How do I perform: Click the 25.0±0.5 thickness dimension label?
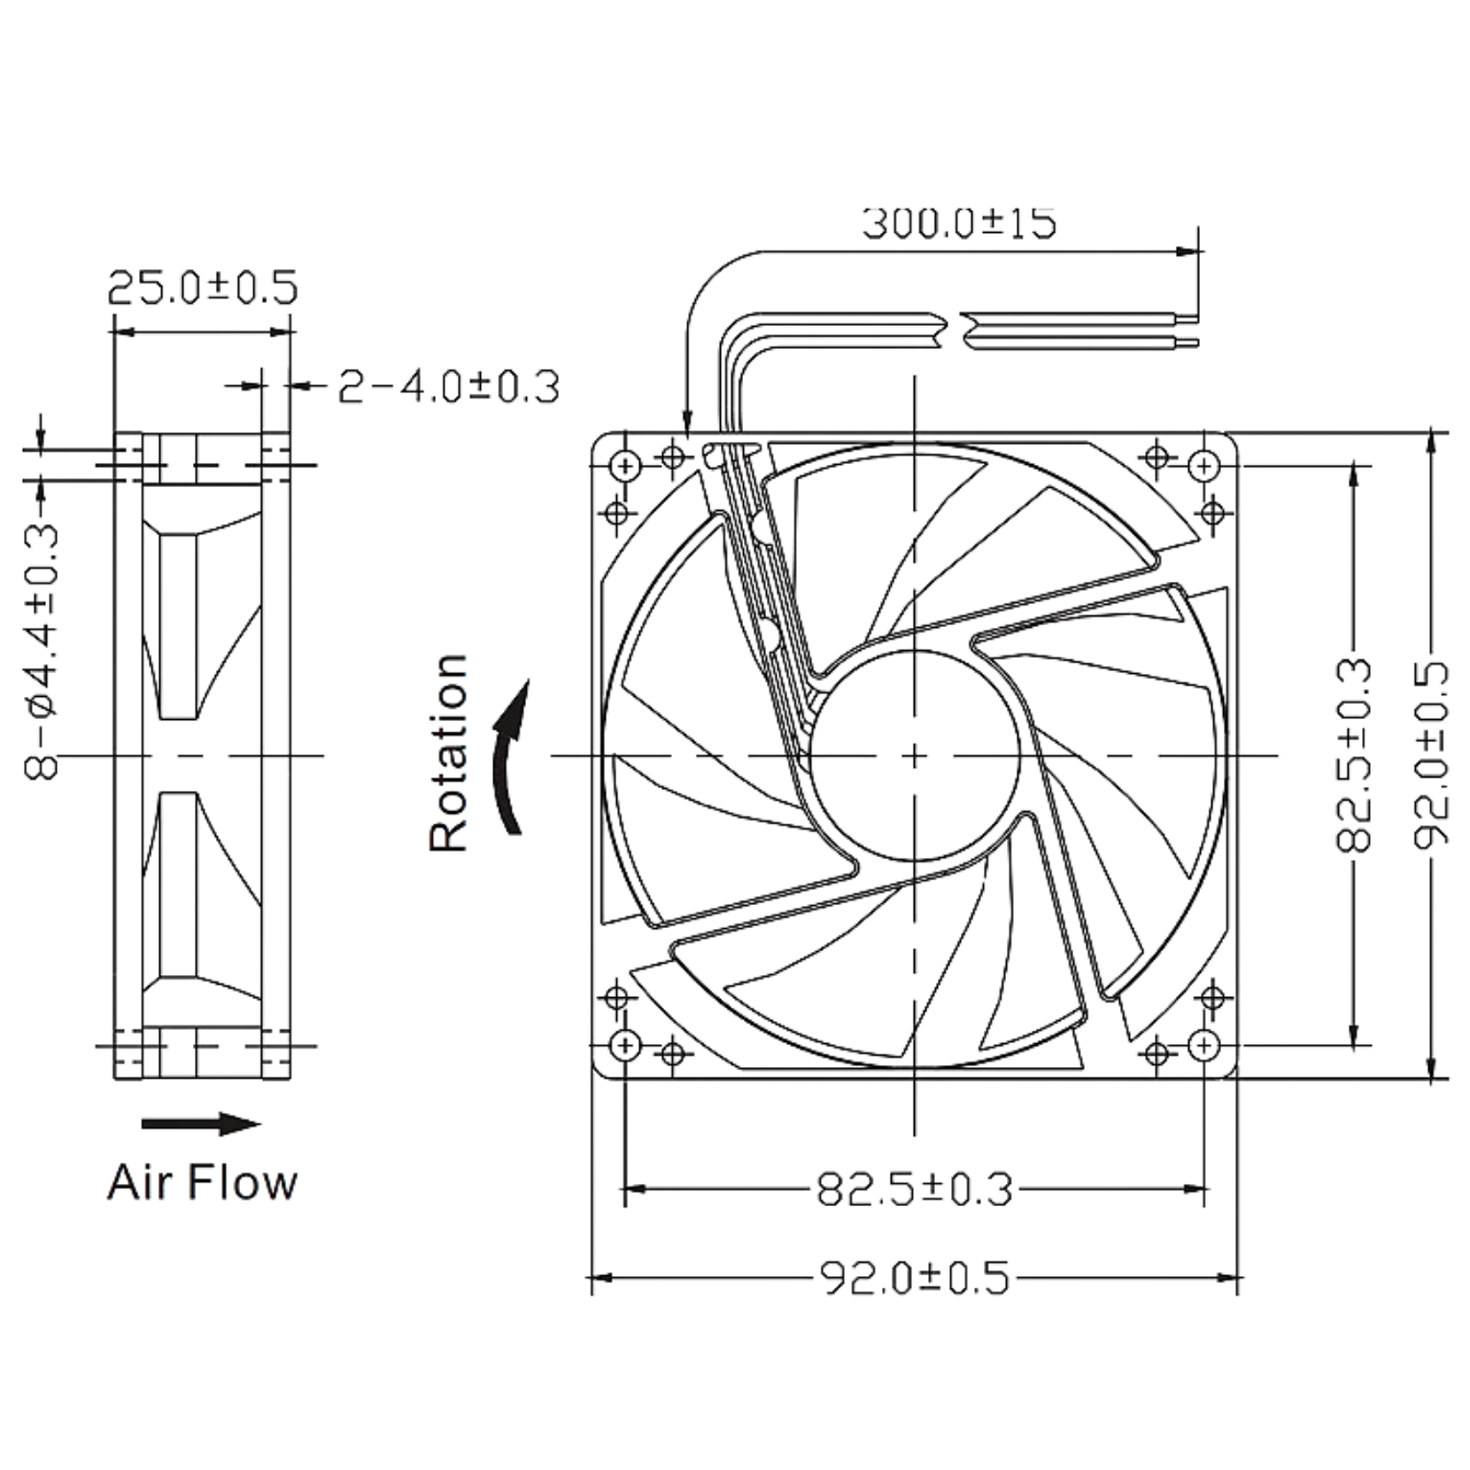[203, 288]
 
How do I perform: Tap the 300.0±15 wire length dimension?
[960, 222]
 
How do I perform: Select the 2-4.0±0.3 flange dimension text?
[447, 387]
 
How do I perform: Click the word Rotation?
[448, 754]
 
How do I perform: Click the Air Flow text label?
[203, 1183]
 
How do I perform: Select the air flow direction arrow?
[202, 1125]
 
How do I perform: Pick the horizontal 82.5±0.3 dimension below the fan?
[915, 1188]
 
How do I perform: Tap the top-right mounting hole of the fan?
[1205, 464]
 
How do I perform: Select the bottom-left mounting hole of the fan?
[625, 1044]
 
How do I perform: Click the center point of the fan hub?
[915, 754]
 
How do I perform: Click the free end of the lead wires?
[1187, 329]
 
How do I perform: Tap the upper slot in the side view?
[181, 624]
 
